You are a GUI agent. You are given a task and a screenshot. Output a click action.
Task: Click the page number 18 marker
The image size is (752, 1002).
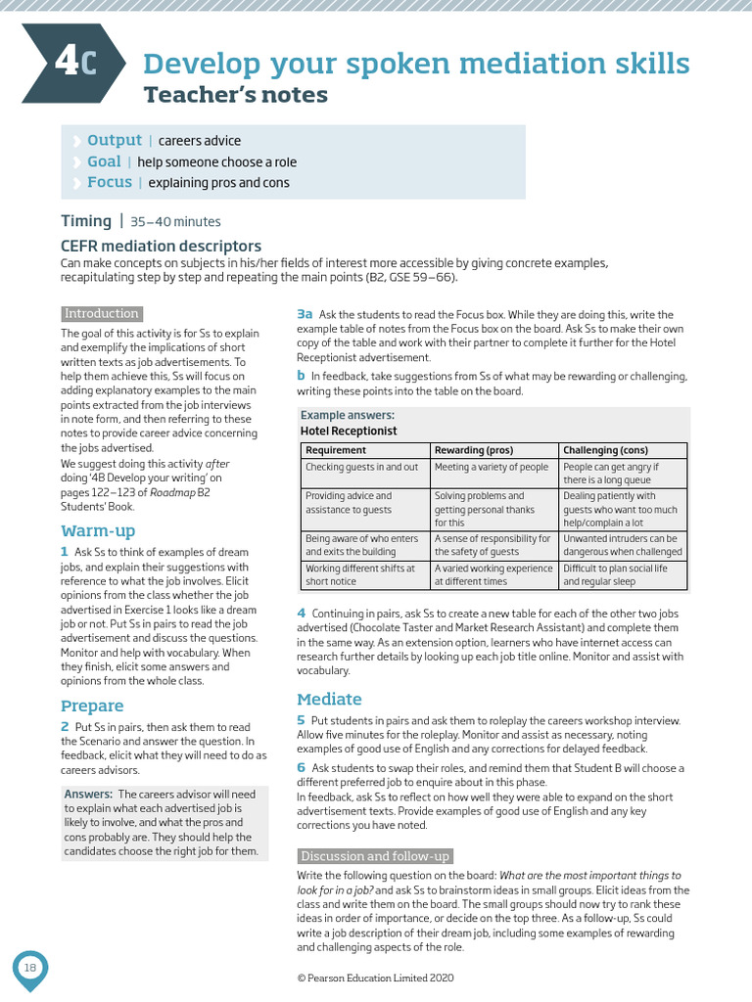click(30, 968)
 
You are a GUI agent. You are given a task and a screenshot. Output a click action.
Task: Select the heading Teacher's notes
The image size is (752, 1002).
click(236, 95)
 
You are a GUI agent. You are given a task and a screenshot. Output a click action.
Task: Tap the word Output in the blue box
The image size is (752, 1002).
click(115, 141)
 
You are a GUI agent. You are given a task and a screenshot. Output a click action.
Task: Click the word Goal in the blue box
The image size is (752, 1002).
click(104, 161)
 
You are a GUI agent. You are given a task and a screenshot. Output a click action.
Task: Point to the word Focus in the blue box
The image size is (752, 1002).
click(109, 182)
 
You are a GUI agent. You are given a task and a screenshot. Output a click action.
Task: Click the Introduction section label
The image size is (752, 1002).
click(102, 314)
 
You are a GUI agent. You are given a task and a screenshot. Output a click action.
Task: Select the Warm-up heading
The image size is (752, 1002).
click(98, 530)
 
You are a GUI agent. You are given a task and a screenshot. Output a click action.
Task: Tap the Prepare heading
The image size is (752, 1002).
click(92, 706)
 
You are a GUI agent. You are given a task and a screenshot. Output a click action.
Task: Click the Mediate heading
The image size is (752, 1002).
click(329, 699)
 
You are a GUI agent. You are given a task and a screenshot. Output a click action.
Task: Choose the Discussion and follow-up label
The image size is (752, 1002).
click(375, 856)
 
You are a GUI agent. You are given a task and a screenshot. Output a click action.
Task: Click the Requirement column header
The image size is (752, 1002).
click(336, 450)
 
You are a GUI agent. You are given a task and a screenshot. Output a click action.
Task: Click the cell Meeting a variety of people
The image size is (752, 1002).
click(492, 468)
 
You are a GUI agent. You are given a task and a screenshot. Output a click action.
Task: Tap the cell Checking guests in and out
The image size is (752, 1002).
click(361, 468)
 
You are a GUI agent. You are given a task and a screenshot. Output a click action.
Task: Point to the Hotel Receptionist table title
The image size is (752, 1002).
click(349, 431)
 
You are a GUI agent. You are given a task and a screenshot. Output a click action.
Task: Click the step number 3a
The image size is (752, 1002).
click(305, 314)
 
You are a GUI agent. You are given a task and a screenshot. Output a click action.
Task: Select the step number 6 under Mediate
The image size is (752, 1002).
click(302, 768)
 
